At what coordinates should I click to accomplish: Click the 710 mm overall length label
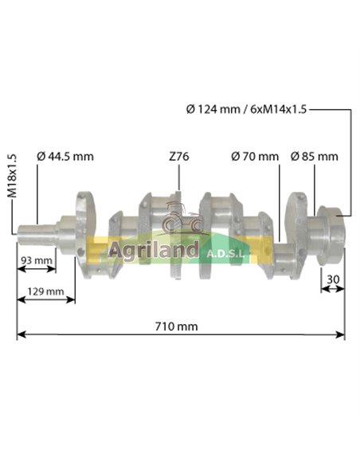[179, 326]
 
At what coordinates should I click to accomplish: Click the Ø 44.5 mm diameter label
[65, 156]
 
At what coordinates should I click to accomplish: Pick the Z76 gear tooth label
[178, 156]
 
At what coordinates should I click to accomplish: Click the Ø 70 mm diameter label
[255, 156]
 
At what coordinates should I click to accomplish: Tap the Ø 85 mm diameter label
[314, 156]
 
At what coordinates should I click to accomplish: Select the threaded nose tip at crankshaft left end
[23, 230]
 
